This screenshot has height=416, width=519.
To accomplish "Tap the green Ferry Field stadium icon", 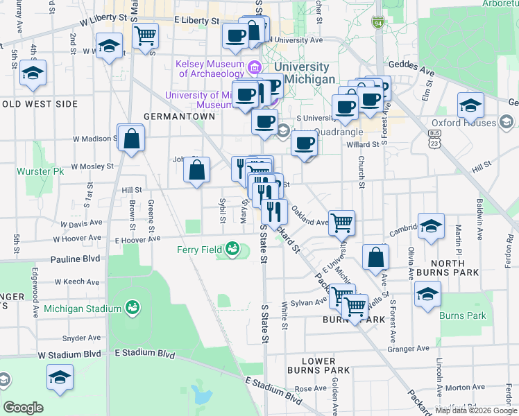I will click(232, 249).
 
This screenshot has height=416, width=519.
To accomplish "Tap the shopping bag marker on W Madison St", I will click(130, 139).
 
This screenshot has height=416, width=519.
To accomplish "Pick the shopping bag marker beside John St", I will click(197, 170).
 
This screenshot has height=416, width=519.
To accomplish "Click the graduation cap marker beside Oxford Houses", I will click(470, 106).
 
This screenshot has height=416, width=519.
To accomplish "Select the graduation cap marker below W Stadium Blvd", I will click(60, 378).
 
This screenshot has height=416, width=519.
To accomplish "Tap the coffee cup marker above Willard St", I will click(304, 144).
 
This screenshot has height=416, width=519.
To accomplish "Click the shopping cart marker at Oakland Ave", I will click(341, 223).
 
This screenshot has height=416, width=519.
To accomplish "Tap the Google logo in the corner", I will click(23, 408).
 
